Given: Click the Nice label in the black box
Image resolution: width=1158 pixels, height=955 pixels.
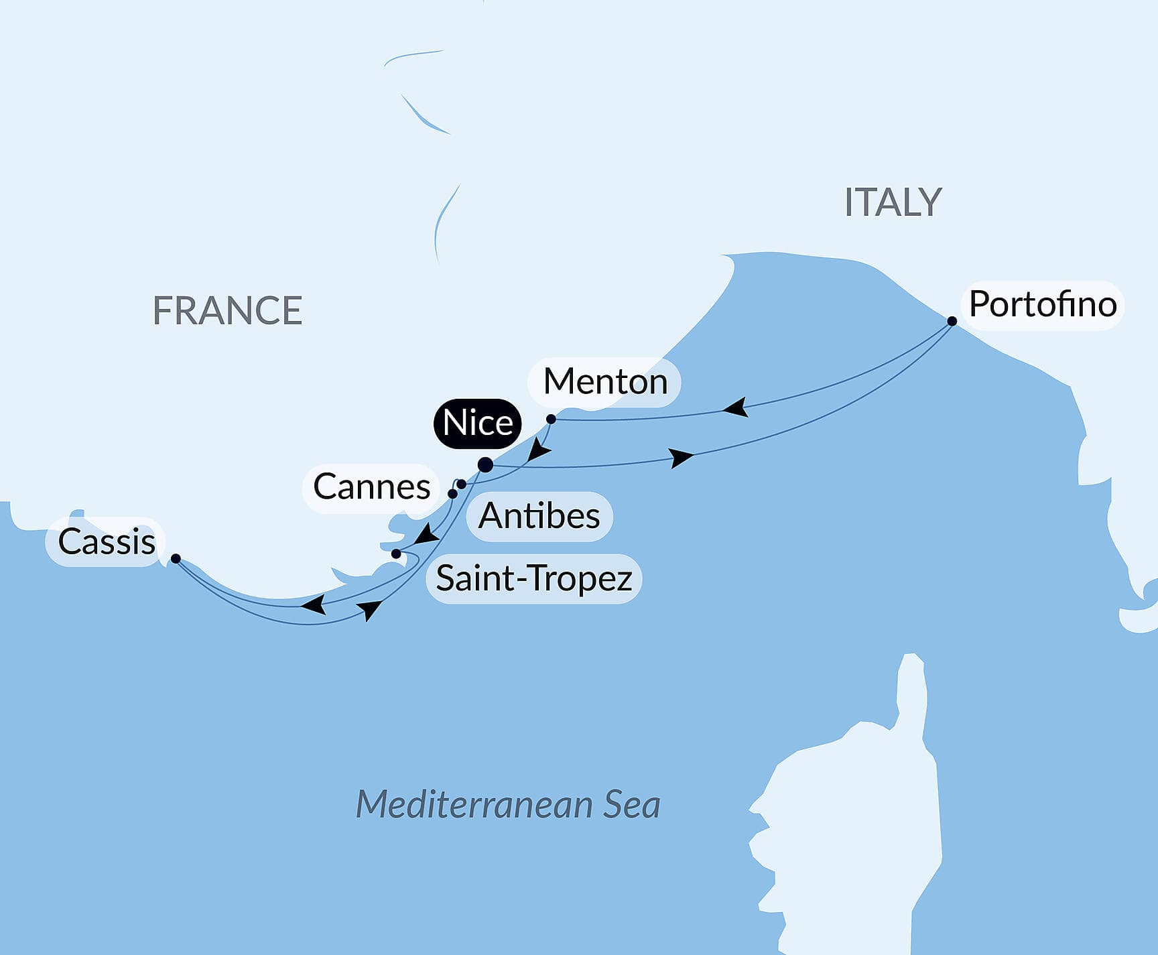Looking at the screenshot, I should (477, 423).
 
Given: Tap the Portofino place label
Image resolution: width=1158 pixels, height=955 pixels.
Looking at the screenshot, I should (1043, 305).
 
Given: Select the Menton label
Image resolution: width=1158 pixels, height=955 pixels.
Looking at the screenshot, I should (604, 382).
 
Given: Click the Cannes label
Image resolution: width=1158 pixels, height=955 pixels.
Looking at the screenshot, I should (371, 487).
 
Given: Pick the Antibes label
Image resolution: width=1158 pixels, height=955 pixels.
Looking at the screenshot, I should (539, 517).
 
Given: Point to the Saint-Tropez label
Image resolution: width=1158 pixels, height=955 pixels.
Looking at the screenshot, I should (533, 578).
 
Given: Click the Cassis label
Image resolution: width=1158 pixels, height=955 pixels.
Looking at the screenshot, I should (106, 542).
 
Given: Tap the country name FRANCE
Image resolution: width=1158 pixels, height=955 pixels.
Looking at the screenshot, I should (227, 310).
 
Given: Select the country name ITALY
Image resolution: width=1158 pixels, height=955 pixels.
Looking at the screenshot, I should (893, 202).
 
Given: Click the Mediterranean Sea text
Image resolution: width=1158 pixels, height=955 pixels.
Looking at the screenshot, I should (507, 804).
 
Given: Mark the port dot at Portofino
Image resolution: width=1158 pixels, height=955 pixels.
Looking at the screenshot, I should (952, 321).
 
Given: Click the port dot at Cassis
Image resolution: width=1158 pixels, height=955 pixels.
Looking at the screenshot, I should (176, 558).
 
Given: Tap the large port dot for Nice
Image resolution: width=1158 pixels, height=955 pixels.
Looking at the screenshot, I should (485, 464).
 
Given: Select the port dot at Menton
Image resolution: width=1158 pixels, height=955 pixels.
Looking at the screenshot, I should (551, 419).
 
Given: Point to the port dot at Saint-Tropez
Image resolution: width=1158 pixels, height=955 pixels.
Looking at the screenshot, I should (396, 554).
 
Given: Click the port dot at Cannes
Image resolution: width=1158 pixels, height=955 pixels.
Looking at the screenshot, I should (452, 494).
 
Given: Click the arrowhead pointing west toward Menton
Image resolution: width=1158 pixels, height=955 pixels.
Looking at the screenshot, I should (736, 407).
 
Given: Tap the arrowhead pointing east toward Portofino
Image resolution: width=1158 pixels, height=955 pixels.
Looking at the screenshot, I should (682, 458).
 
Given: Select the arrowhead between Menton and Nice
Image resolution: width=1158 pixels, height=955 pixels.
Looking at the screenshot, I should (538, 450).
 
